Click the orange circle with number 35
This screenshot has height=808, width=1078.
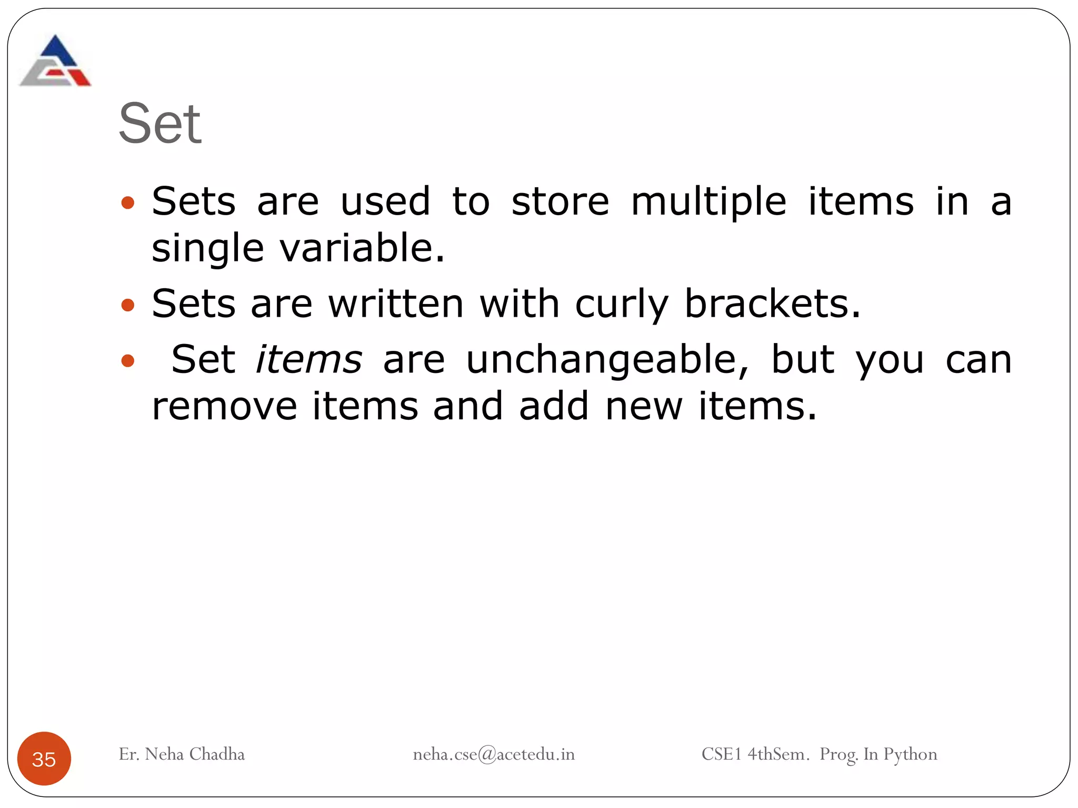point(44,759)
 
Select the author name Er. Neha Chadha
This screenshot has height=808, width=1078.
point(182,754)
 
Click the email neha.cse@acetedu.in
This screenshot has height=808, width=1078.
point(493,754)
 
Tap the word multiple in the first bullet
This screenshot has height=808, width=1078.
point(708,203)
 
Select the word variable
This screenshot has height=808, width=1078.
point(362,248)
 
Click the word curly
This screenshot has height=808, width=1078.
point(622,305)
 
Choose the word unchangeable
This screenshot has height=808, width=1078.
point(607,361)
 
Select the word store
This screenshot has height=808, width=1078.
point(560,202)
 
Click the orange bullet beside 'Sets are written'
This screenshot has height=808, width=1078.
point(128,305)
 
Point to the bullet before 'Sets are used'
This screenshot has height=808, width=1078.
point(128,203)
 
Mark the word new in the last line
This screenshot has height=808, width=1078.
point(644,406)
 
